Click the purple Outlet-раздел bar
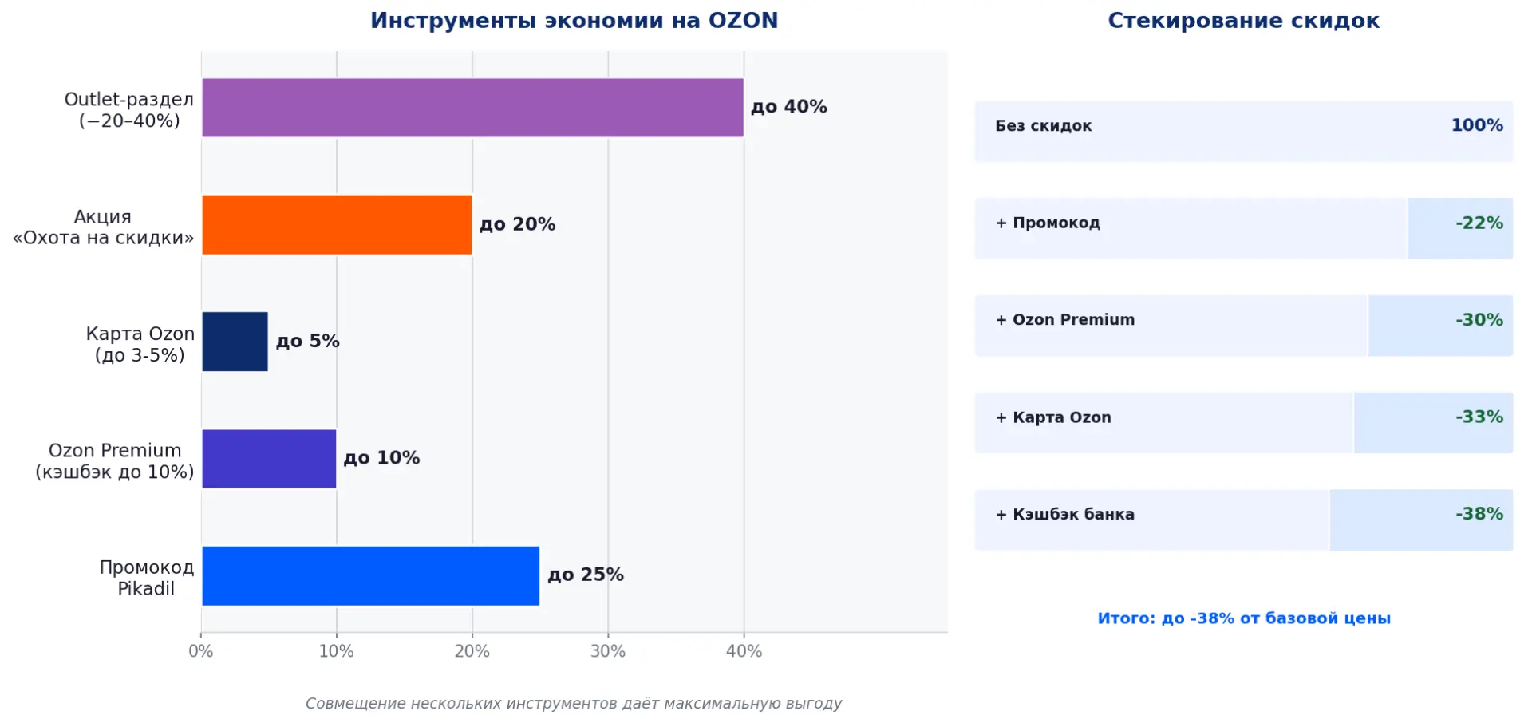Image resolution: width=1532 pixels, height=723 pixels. click(x=472, y=108)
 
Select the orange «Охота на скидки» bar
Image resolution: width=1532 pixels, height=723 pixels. click(x=337, y=225)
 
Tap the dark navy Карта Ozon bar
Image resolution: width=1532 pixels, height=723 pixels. click(x=235, y=342)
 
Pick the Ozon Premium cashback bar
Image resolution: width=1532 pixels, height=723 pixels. click(x=269, y=459)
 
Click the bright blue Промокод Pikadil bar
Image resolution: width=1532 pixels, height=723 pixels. click(x=370, y=575)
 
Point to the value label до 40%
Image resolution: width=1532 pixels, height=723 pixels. click(x=788, y=107)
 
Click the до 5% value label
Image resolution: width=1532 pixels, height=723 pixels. click(x=307, y=342)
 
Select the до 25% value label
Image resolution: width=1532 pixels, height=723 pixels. click(x=585, y=575)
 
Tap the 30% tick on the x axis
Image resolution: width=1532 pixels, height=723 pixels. click(x=607, y=651)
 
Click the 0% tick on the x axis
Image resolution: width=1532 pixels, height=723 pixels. click(x=201, y=651)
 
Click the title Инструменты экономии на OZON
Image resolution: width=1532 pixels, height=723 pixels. click(x=574, y=21)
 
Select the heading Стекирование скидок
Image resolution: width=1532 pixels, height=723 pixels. click(x=1243, y=21)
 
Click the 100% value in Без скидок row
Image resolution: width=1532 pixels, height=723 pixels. click(x=1476, y=125)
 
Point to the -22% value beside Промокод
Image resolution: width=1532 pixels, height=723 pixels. click(x=1479, y=223)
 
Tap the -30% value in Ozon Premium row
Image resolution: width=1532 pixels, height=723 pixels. click(x=1479, y=320)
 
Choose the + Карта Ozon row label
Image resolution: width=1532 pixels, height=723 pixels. click(x=1053, y=417)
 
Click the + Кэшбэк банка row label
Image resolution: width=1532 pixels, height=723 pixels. click(x=1064, y=515)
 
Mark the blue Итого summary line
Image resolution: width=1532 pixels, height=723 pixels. click(x=1243, y=618)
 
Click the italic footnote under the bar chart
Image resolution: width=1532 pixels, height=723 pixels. click(x=573, y=703)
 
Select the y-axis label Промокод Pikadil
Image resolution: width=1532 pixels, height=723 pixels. click(x=146, y=578)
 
